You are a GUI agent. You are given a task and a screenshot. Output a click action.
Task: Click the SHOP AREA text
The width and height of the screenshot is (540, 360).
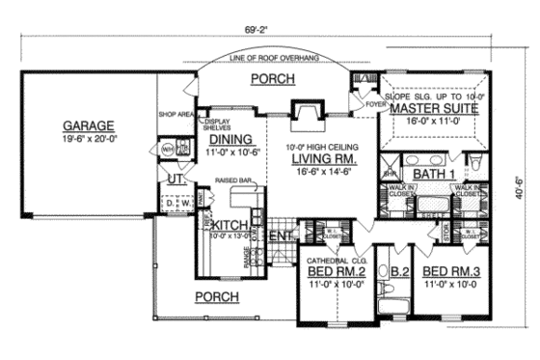[175, 113]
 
